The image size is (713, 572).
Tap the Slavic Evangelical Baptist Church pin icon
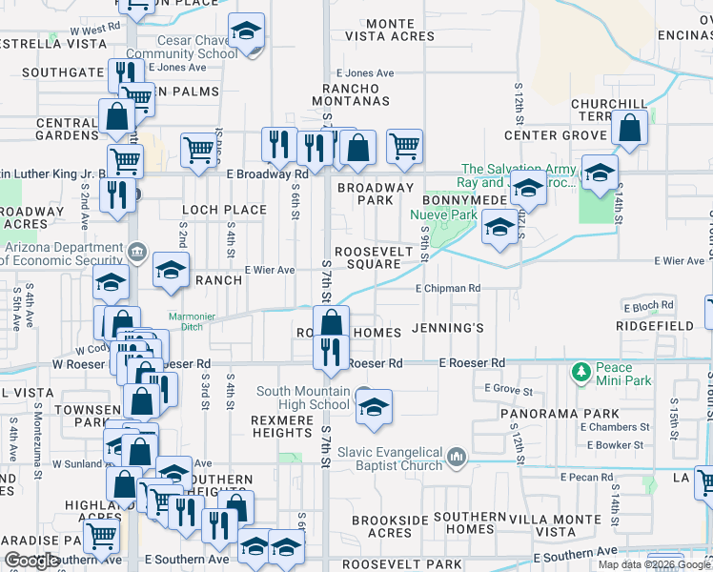(458, 458)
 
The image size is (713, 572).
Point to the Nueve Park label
(443, 215)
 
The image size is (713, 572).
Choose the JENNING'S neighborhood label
(449, 329)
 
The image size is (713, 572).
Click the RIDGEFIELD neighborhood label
(655, 326)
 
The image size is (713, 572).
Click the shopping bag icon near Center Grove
(630, 128)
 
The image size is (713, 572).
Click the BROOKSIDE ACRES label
(381, 526)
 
